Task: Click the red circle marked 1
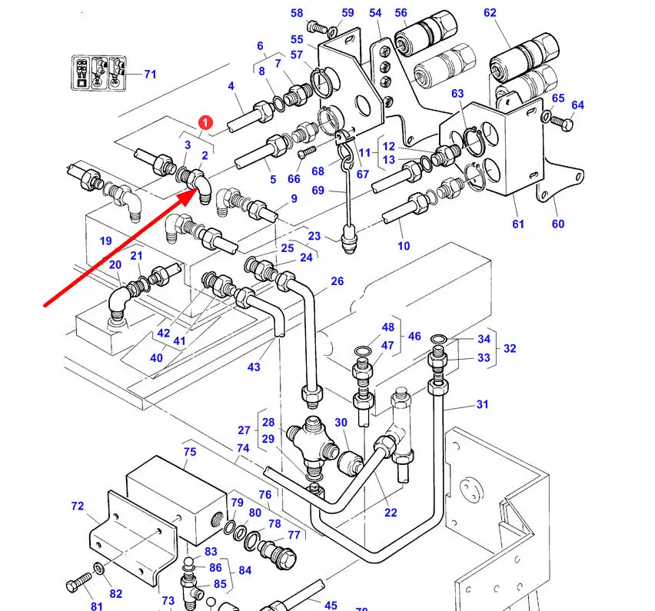tap(205, 123)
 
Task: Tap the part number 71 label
tap(150, 75)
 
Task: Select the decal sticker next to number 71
tap(98, 74)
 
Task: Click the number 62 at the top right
tap(490, 13)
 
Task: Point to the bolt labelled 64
tap(562, 121)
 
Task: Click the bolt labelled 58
tap(317, 28)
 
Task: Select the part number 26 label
tap(337, 281)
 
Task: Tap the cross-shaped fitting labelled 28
tap(311, 441)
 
